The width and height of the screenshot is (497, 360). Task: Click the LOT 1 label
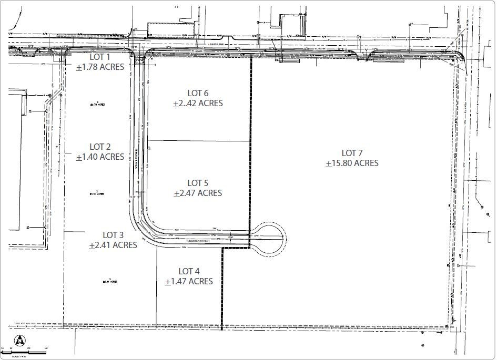point(100,57)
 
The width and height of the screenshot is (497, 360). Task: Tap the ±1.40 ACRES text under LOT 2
point(100,157)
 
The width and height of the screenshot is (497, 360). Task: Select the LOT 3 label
point(113,235)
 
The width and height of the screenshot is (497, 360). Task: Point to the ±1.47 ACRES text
point(189,281)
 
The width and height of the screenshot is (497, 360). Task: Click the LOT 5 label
point(198,183)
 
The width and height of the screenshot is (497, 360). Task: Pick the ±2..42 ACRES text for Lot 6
point(198,104)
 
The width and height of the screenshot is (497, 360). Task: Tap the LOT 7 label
point(352,153)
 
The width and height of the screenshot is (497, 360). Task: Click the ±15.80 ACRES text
point(352,163)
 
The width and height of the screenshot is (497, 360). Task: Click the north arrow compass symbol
point(19,340)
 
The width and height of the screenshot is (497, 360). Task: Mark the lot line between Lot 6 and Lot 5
point(198,141)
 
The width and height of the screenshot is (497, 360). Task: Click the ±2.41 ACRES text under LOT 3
point(113,245)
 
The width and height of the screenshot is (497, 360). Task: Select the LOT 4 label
point(189,271)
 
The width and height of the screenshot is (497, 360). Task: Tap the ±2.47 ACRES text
point(198,193)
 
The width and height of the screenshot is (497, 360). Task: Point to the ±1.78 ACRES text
point(100,67)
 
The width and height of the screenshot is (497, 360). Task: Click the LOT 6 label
point(198,94)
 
